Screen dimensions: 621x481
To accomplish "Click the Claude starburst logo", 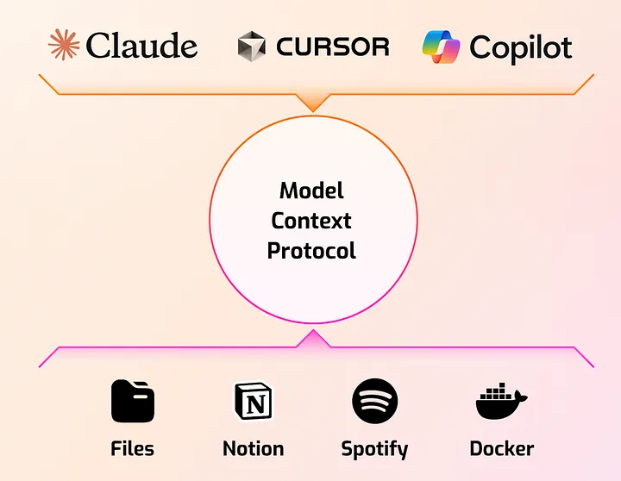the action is [x=64, y=46].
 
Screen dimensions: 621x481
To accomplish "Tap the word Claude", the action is [x=141, y=46].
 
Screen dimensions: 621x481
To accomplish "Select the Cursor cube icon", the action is [x=252, y=47].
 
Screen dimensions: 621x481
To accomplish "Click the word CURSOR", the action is [x=333, y=47].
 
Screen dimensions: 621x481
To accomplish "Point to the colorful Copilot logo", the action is [x=441, y=47].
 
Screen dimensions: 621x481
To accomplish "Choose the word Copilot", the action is [x=520, y=47].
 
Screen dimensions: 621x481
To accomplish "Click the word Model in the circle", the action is [x=312, y=191].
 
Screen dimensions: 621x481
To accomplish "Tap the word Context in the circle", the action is [x=312, y=221].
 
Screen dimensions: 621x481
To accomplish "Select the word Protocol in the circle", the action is [x=312, y=251].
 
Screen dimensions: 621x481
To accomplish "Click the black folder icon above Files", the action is [x=133, y=401].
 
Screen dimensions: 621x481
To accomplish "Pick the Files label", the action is [x=133, y=448].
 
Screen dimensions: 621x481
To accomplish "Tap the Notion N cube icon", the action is [x=254, y=401].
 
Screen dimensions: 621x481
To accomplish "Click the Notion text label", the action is [x=254, y=448].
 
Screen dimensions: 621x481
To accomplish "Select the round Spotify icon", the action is [x=374, y=401].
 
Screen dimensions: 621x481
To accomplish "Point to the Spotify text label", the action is [x=374, y=449].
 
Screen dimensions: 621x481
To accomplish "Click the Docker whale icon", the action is [x=501, y=403].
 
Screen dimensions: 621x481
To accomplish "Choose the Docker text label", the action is [x=501, y=448].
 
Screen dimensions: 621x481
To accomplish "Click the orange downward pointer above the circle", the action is [x=312, y=102].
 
